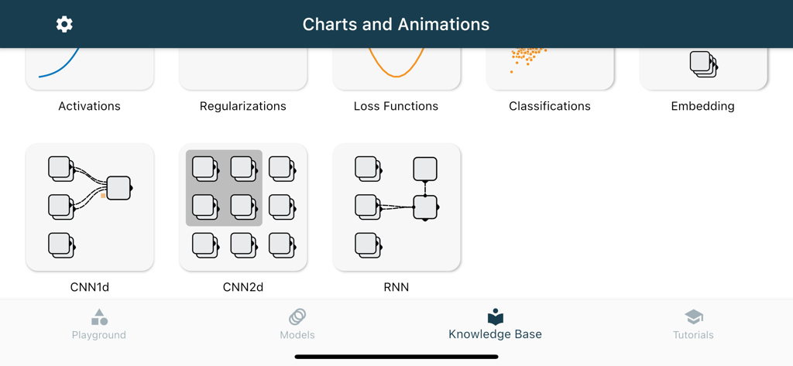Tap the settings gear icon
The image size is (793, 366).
64,24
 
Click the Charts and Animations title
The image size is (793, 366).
396,24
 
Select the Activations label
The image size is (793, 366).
89,106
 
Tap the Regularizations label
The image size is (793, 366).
242,106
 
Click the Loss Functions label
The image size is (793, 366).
396,106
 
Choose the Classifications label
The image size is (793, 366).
549,106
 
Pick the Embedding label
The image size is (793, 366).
702,106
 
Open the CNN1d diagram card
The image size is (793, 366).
90,207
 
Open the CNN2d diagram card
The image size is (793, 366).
243,207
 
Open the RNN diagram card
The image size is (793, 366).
396,207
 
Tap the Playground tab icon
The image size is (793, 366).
99,317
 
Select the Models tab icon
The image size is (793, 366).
297,316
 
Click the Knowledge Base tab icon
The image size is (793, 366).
496,316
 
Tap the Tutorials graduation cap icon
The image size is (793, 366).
694,316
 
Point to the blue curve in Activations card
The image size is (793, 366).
62,67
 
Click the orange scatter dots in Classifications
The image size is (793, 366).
527,56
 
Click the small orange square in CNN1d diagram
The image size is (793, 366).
103,196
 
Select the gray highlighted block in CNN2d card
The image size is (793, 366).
224,188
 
